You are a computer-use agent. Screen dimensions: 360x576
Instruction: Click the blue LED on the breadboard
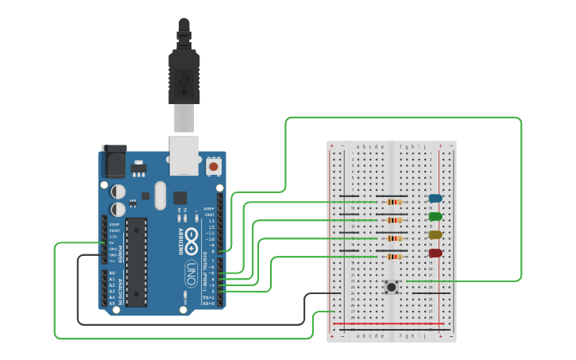tap(435, 198)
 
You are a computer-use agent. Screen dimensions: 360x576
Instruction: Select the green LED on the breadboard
tap(435, 216)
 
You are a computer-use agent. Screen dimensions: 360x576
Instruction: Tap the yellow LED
tap(435, 234)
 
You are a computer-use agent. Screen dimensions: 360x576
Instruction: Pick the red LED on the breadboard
tap(435, 253)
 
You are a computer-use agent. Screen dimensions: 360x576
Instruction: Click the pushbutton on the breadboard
tap(391, 287)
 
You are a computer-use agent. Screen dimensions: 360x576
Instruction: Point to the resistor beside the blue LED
tap(393, 202)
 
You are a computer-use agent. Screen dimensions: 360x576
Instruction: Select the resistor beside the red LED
tap(393, 257)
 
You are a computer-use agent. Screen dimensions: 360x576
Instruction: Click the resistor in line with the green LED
tap(393, 220)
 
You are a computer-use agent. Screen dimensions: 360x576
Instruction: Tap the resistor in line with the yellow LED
tap(393, 238)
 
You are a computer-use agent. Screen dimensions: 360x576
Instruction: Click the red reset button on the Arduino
tap(213, 167)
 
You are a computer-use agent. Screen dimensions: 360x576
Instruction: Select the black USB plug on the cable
tap(184, 75)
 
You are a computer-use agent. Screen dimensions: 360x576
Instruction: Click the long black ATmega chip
tap(137, 261)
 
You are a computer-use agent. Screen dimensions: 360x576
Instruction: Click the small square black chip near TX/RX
tap(180, 198)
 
